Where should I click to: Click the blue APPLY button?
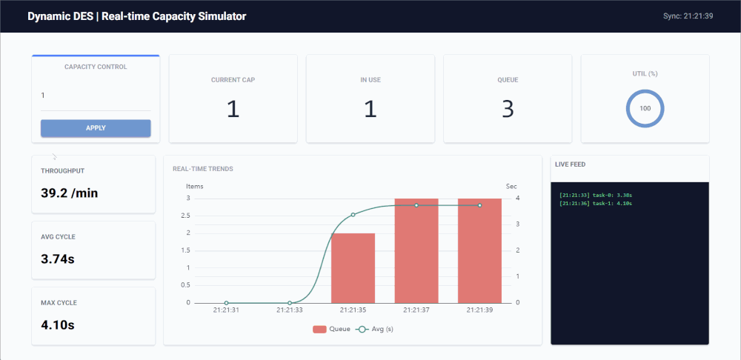click(96, 128)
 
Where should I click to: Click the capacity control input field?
click(96, 96)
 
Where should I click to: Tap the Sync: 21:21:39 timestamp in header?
click(688, 16)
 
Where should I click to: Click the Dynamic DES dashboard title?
click(137, 16)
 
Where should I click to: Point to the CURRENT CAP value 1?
click(233, 110)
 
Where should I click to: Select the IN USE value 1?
click(370, 110)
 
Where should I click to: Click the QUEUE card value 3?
click(508, 110)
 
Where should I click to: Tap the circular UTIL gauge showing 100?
click(645, 109)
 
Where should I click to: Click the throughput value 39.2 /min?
click(69, 193)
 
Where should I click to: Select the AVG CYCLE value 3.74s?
click(58, 259)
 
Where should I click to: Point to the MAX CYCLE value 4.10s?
click(58, 325)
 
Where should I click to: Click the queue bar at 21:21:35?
click(353, 267)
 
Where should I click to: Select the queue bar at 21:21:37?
click(416, 250)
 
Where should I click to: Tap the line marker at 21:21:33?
click(290, 303)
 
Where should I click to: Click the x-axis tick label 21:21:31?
click(226, 311)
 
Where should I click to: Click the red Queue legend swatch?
click(320, 329)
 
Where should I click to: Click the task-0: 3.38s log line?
click(596, 195)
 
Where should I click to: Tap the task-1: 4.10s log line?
click(596, 203)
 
